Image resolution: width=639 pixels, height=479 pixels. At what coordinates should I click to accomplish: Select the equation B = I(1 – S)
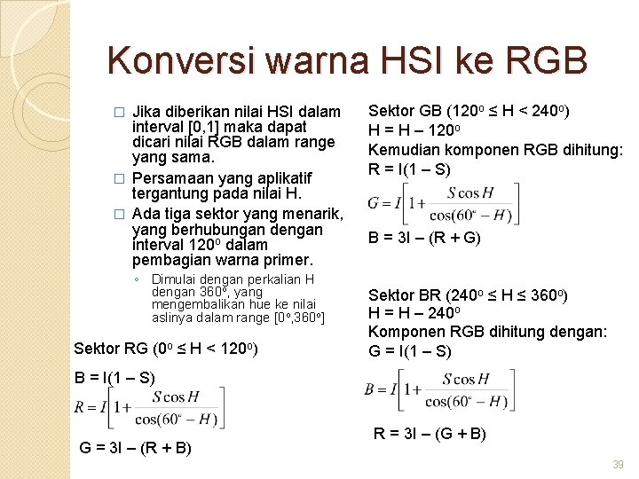pyautogui.click(x=115, y=377)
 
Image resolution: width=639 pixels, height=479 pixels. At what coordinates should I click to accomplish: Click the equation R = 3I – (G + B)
pyautogui.click(x=430, y=434)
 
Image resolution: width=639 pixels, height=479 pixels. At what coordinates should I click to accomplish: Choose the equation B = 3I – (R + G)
pyautogui.click(x=423, y=237)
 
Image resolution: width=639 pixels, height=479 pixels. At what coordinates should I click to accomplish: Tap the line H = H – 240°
pyautogui.click(x=416, y=313)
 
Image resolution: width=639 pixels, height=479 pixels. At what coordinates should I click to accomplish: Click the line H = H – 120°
pyautogui.click(x=416, y=130)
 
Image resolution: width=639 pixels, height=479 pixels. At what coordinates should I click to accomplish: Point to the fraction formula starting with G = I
pyautogui.click(x=445, y=204)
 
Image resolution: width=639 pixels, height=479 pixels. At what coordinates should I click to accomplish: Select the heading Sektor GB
pyautogui.click(x=469, y=111)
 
